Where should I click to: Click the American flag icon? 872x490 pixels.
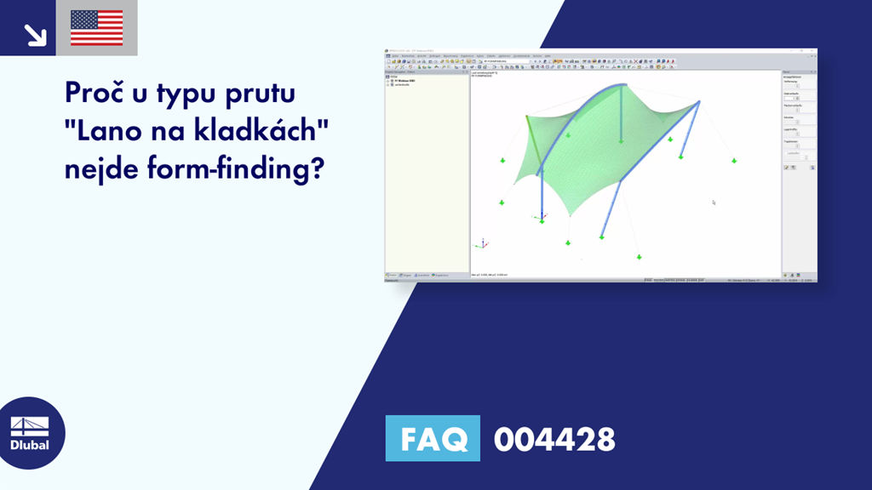pos(96,27)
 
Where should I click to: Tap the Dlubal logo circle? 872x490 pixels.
pos(30,432)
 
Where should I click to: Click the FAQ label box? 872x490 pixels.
pos(433,439)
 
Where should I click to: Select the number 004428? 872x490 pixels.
pos(554,439)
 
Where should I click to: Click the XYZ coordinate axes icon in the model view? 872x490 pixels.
pos(483,243)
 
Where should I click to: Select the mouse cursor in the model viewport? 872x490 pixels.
pos(714,202)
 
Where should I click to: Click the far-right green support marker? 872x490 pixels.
pos(733,160)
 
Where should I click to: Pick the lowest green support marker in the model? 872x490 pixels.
pos(638,257)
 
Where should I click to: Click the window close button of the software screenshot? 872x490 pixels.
pos(812,53)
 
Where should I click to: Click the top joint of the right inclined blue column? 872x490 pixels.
pos(699,102)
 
